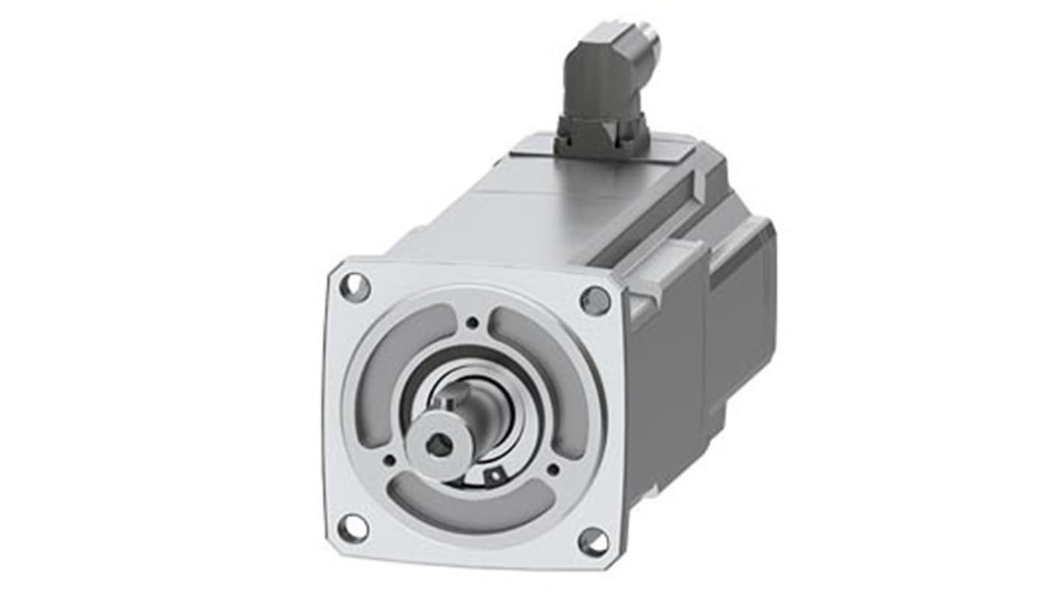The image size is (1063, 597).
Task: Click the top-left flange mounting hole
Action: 354,287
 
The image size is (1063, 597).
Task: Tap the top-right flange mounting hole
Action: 595,301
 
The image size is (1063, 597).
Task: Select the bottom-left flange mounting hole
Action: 353,528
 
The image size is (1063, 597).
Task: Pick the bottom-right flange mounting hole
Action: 594,542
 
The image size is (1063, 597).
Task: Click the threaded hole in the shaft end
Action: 438,445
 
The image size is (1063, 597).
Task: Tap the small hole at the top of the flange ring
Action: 472,323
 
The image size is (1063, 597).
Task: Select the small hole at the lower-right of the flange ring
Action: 552,470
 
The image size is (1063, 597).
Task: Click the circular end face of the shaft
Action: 436,447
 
